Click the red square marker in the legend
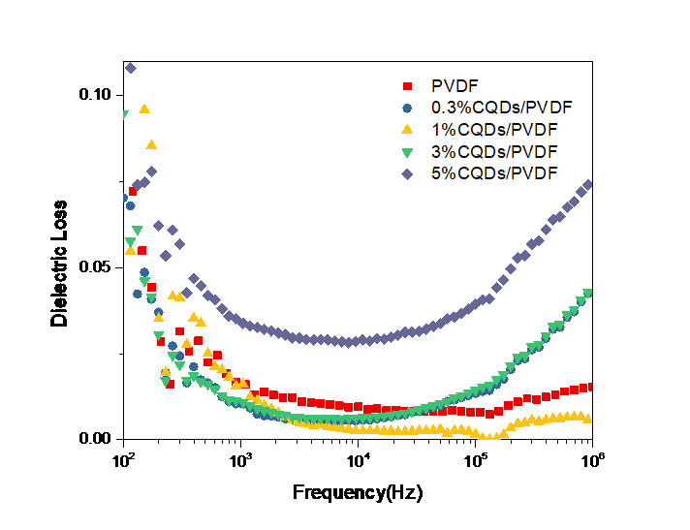[408, 85]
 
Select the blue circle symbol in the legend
[408, 108]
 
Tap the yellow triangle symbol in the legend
[408, 129]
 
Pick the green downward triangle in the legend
[408, 151]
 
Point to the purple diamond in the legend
[408, 173]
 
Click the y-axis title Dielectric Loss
[60, 264]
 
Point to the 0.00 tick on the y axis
[96, 438]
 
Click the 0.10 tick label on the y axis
[96, 95]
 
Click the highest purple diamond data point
[130, 68]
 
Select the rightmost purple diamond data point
[588, 184]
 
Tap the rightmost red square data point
[588, 387]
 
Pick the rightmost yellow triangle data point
[588, 419]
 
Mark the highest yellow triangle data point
[144, 109]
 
